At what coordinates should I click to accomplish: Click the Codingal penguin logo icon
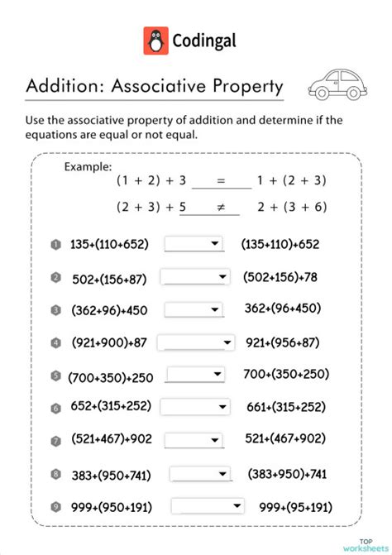[155, 41]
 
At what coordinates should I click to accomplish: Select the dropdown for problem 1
[194, 244]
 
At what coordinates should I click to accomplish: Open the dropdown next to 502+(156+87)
[194, 277]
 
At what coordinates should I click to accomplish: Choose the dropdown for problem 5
[195, 376]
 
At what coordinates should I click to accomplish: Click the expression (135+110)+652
[280, 244]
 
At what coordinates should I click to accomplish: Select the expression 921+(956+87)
[284, 342]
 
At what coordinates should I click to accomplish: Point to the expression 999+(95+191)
[296, 506]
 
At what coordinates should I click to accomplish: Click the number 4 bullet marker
[56, 342]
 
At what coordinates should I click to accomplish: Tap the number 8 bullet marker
[56, 474]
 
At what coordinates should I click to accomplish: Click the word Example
[88, 166]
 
